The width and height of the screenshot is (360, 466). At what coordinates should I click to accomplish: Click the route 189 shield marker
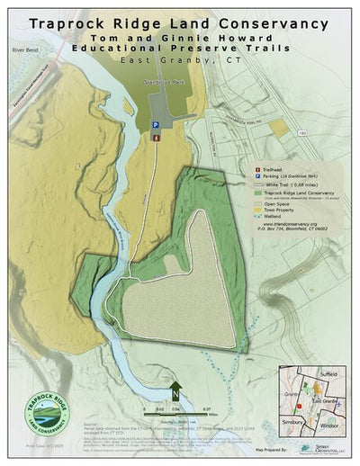(301, 133)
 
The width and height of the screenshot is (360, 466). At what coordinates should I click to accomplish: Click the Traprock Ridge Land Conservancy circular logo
(50, 406)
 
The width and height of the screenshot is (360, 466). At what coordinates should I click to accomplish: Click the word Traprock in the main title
(75, 22)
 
